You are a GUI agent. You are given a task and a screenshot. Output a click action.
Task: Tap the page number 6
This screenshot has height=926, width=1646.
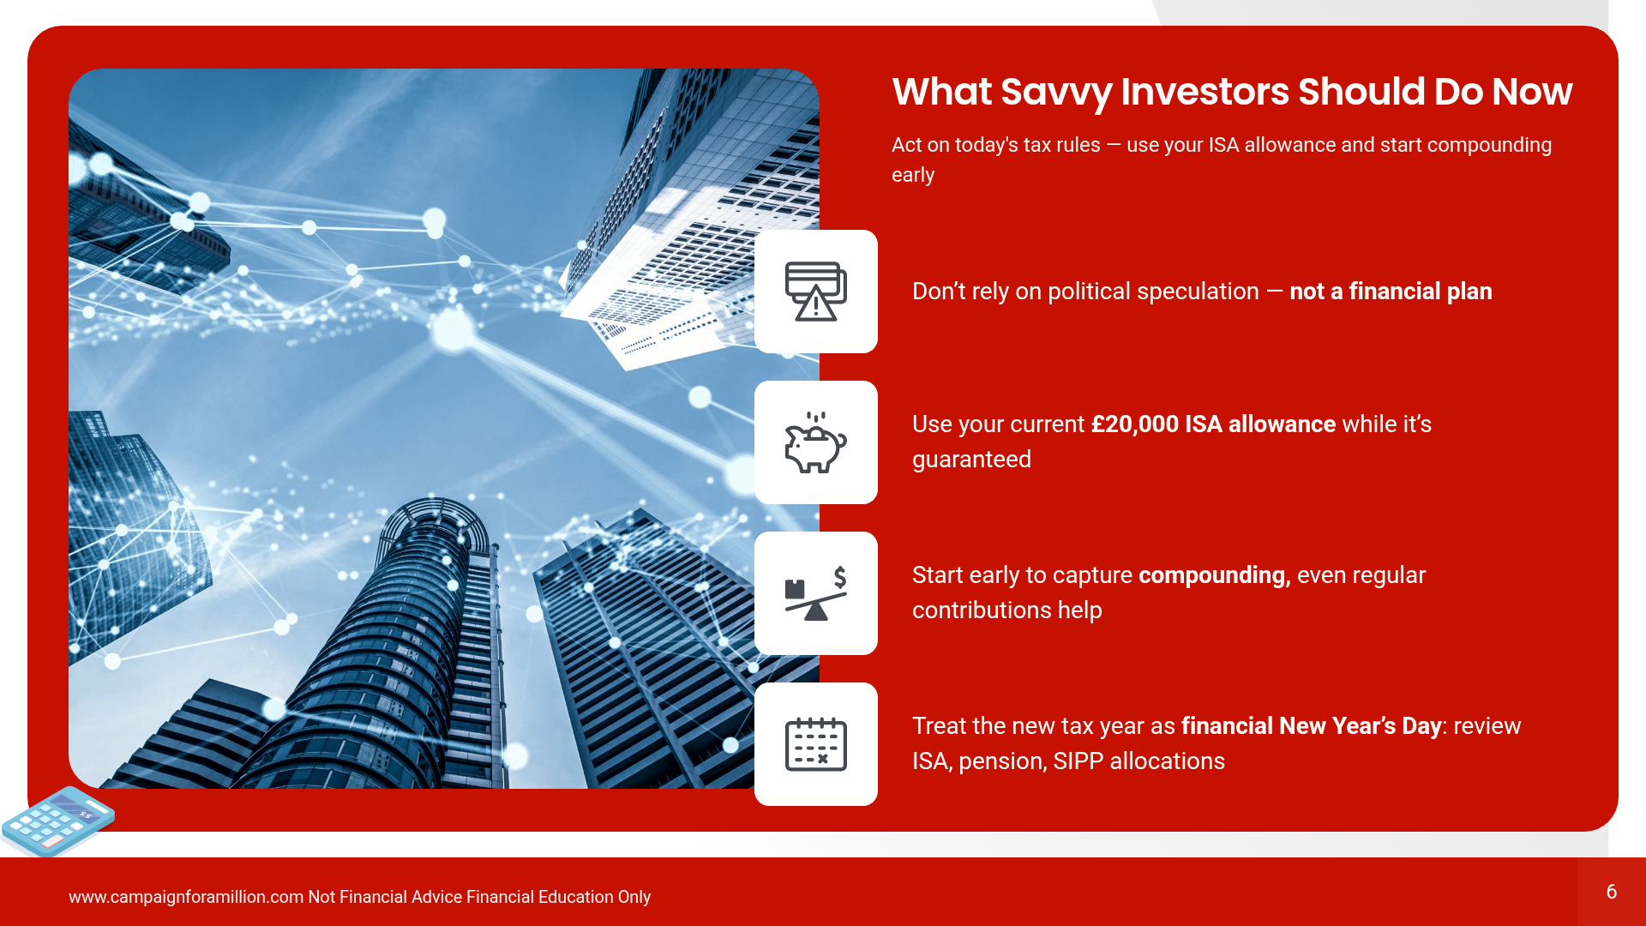[1612, 892]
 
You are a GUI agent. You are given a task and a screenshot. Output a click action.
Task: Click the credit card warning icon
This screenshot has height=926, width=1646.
[816, 292]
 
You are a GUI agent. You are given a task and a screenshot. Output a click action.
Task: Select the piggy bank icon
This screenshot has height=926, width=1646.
[816, 442]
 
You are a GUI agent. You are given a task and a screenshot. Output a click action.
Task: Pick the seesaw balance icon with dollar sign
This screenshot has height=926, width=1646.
[816, 593]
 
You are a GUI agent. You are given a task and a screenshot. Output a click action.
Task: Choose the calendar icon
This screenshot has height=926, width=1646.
[816, 744]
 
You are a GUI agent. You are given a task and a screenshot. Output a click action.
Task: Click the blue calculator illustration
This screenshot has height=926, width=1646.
[58, 821]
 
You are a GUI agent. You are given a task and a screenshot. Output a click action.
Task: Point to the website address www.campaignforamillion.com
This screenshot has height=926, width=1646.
[186, 897]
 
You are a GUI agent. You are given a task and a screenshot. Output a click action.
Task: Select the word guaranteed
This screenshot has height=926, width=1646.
[971, 460]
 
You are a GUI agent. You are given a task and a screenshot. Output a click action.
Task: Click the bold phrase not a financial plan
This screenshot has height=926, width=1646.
[1391, 292]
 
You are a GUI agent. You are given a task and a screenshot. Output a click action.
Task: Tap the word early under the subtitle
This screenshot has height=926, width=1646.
[913, 176]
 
